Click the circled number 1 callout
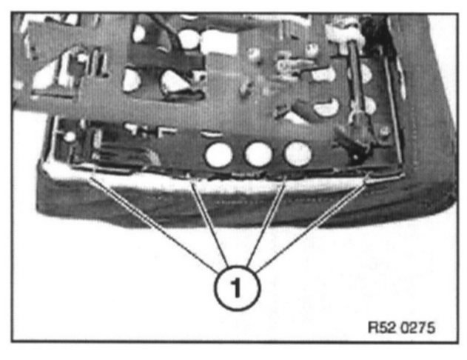[237, 287]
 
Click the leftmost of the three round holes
[219, 154]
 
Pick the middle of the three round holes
[258, 154]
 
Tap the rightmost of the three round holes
[298, 153]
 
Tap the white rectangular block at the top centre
[222, 41]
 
